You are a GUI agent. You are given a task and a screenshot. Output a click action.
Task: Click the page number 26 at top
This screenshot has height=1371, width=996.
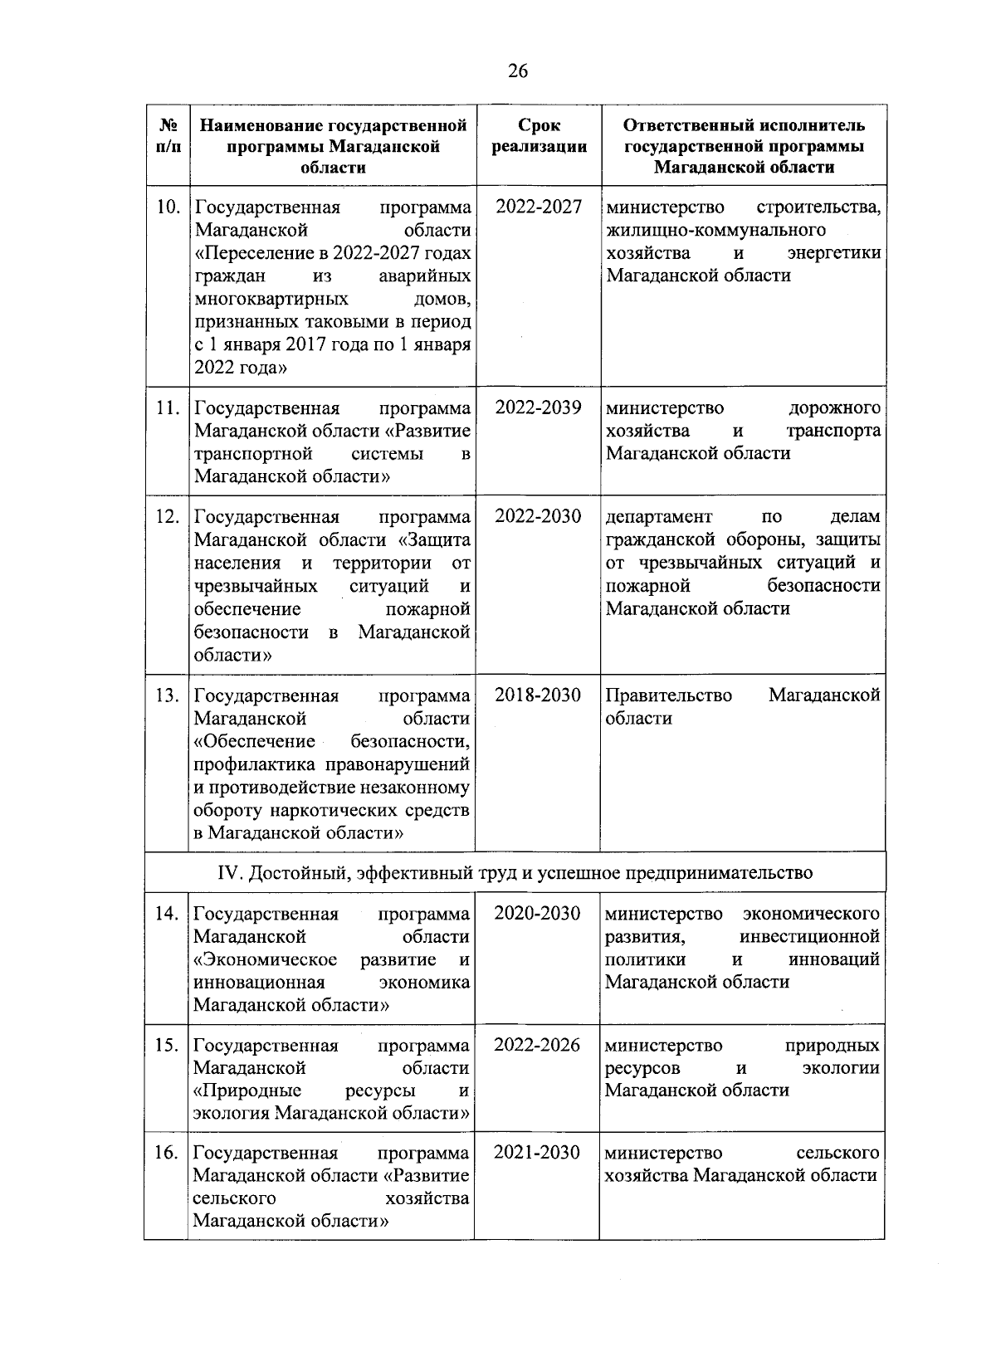pyautogui.click(x=517, y=71)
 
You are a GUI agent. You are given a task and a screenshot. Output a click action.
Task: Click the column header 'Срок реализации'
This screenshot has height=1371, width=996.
pyautogui.click(x=539, y=136)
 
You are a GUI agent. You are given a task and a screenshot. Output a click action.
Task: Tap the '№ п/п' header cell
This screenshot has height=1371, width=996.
pyautogui.click(x=168, y=136)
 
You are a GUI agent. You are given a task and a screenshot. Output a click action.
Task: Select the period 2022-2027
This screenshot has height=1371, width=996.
pyautogui.click(x=539, y=207)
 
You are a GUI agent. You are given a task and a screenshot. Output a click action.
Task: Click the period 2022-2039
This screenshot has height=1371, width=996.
pyautogui.click(x=539, y=408)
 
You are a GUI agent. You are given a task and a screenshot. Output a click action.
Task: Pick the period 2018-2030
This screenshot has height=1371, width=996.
pyautogui.click(x=538, y=695)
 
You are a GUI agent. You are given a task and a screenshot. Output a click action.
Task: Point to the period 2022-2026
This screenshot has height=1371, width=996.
pyautogui.click(x=537, y=1046)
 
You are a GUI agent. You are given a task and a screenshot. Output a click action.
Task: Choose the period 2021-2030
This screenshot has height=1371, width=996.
pyautogui.click(x=537, y=1154)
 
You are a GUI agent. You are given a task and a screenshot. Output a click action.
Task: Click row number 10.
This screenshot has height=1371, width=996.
pyautogui.click(x=168, y=207)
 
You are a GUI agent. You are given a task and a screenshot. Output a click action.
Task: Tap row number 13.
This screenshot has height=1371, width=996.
pyautogui.click(x=168, y=695)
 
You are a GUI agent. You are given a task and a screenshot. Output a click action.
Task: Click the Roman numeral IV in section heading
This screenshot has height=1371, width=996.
pyautogui.click(x=227, y=873)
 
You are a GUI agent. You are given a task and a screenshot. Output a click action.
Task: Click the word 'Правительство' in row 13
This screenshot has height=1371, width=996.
pyautogui.click(x=669, y=695)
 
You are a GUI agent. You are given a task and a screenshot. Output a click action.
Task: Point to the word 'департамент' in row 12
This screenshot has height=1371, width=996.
pyautogui.click(x=659, y=517)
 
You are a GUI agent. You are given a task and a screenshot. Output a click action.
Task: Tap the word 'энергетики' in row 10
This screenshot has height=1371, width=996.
pyautogui.click(x=834, y=253)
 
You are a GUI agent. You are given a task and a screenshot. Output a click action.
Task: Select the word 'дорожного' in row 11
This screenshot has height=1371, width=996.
pyautogui.click(x=834, y=408)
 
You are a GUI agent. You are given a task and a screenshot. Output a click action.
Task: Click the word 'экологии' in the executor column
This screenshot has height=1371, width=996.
pyautogui.click(x=841, y=1068)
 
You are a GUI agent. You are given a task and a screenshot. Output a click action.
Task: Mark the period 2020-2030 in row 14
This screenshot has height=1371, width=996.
pyautogui.click(x=537, y=914)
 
